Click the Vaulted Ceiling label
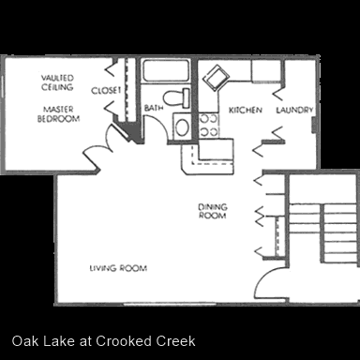click(x=57, y=82)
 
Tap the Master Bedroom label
click(x=58, y=114)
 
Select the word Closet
click(x=106, y=91)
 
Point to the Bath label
click(x=154, y=108)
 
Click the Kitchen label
click(x=246, y=110)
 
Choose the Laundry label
click(x=294, y=110)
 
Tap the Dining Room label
click(x=213, y=211)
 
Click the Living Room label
click(x=118, y=268)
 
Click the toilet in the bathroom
click(x=176, y=97)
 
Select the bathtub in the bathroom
click(x=166, y=71)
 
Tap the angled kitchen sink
click(x=216, y=78)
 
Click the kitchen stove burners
click(x=209, y=125)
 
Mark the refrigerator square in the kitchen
click(x=266, y=71)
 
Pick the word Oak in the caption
click(x=25, y=341)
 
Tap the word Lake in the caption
click(x=58, y=341)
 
